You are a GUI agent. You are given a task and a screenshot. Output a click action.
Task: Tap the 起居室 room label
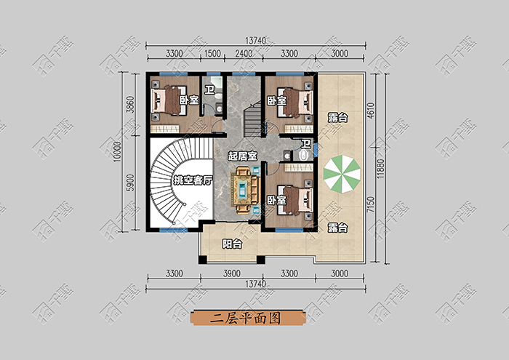tap(242, 156)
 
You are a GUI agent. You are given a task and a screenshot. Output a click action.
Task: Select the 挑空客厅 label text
tap(193, 180)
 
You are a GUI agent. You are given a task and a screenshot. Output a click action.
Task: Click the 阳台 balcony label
tap(232, 244)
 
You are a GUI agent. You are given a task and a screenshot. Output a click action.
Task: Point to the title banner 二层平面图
tap(248, 318)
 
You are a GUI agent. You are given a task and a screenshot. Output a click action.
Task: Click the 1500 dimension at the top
tap(212, 53)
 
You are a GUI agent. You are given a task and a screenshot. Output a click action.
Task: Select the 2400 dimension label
tap(244, 53)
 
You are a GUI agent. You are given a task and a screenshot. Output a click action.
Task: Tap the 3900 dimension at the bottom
tap(232, 273)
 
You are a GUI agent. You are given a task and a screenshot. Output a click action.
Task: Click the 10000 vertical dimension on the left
tap(118, 151)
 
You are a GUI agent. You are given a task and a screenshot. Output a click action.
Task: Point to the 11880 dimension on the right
tap(381, 168)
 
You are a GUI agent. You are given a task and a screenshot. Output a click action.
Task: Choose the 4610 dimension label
tap(371, 111)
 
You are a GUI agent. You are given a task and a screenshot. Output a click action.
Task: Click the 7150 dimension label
tap(371, 204)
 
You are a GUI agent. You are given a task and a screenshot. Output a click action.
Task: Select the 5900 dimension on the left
tap(130, 183)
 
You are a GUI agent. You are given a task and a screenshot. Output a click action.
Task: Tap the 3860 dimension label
tap(130, 104)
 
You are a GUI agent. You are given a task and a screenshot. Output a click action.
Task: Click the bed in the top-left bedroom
tap(169, 100)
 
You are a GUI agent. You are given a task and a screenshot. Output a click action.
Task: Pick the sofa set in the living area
tap(246, 191)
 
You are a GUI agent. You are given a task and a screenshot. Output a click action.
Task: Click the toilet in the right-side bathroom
tap(303, 156)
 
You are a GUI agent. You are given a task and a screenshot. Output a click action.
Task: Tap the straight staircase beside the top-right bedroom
tap(252, 119)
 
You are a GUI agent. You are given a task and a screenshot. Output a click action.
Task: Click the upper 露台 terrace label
tap(337, 118)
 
